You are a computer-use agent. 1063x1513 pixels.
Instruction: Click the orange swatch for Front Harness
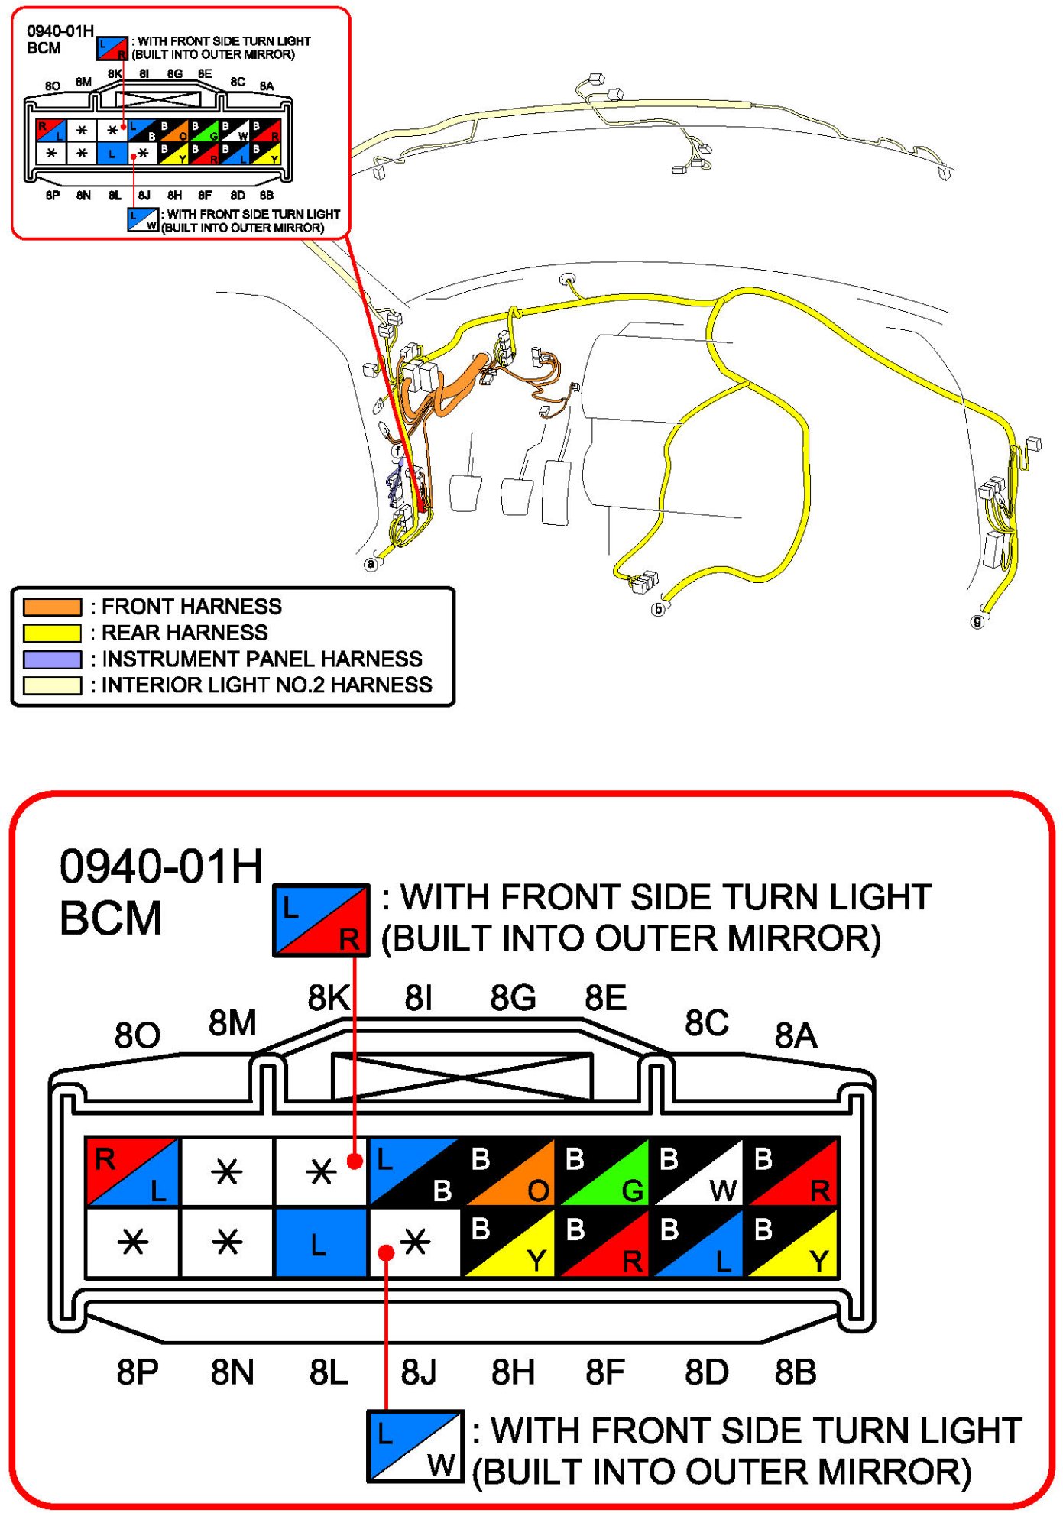[x=52, y=607]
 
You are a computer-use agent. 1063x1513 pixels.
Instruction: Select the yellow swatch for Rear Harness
[x=52, y=633]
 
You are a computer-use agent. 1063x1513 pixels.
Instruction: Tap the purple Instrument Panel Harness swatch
[x=52, y=659]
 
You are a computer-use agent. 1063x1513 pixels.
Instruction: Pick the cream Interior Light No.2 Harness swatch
[x=52, y=685]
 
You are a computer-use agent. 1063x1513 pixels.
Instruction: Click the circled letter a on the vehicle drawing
[x=371, y=564]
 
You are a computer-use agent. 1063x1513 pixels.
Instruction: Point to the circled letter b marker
[x=658, y=609]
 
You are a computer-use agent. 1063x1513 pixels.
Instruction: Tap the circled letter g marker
[x=977, y=621]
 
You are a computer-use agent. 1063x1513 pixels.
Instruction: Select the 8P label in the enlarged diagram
[x=138, y=1372]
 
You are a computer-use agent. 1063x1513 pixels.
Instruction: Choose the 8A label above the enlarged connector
[x=796, y=1036]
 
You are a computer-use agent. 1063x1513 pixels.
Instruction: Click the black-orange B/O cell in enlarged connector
[x=509, y=1172]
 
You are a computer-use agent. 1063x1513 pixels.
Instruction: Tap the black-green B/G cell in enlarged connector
[x=603, y=1172]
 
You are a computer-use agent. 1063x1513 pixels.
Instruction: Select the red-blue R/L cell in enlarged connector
[x=132, y=1172]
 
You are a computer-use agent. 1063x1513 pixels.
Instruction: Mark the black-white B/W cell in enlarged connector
[x=697, y=1172]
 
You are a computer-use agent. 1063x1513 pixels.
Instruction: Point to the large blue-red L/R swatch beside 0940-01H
[x=322, y=920]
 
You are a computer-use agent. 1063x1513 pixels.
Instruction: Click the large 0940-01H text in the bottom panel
[x=161, y=867]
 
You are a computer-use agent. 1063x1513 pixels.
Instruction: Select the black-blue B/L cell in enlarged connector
[x=697, y=1242]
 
